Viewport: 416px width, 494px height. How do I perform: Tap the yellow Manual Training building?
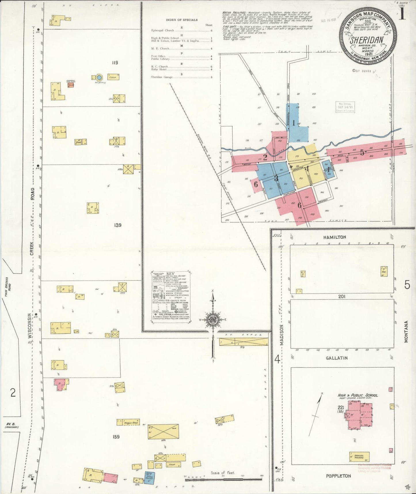pos(359,457)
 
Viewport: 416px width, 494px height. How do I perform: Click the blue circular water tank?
pos(99,78)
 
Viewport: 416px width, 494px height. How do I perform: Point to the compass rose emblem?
pos(213,319)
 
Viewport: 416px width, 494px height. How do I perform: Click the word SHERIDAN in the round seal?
pos(366,40)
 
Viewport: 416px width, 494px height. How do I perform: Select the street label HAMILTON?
pos(335,237)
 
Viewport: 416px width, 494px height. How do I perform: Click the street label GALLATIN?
pos(337,358)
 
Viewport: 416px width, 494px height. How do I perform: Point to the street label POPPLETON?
pos(338,476)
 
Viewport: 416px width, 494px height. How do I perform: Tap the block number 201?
pos(342,297)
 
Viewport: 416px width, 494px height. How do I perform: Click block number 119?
pos(115,63)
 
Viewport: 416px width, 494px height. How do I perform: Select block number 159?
pos(116,437)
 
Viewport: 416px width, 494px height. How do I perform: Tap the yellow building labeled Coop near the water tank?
pos(113,77)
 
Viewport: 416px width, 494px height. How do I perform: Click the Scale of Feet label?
pos(223,473)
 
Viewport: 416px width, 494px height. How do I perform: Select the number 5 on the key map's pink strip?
pos(362,153)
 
